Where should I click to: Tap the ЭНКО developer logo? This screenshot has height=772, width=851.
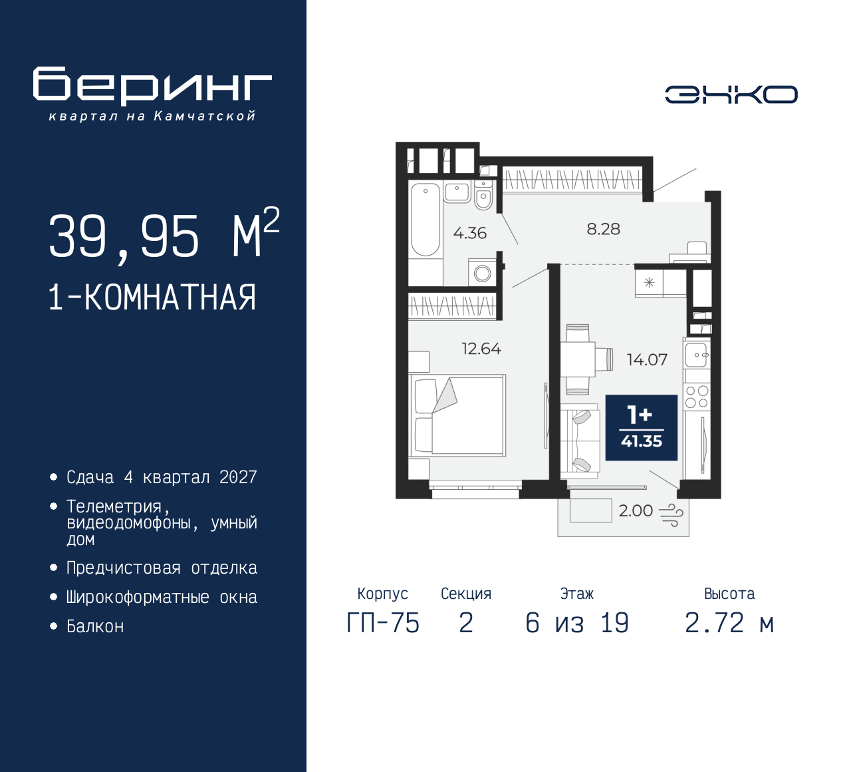point(731,95)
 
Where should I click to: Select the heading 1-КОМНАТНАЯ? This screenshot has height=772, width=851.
point(152,297)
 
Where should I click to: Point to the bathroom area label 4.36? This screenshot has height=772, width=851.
point(469,233)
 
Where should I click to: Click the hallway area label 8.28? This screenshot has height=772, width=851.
point(603,229)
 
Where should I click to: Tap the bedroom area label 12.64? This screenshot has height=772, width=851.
point(481,349)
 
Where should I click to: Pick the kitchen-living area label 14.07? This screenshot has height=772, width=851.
point(647,360)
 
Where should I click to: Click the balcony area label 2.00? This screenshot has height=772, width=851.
point(636,510)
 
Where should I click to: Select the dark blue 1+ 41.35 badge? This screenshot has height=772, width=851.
point(641,427)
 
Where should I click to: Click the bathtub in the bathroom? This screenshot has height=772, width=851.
point(425,219)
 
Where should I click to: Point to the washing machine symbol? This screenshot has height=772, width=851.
point(483,273)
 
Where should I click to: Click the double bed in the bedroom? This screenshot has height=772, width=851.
point(458,415)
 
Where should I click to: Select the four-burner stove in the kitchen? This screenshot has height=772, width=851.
point(697,397)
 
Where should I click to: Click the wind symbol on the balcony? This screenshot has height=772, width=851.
point(671,514)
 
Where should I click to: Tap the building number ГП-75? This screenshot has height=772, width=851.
point(383,623)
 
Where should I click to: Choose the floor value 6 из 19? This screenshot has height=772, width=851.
point(576,623)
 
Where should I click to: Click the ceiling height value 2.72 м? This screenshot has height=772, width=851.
point(729,623)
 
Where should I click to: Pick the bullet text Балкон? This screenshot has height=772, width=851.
point(95,626)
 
